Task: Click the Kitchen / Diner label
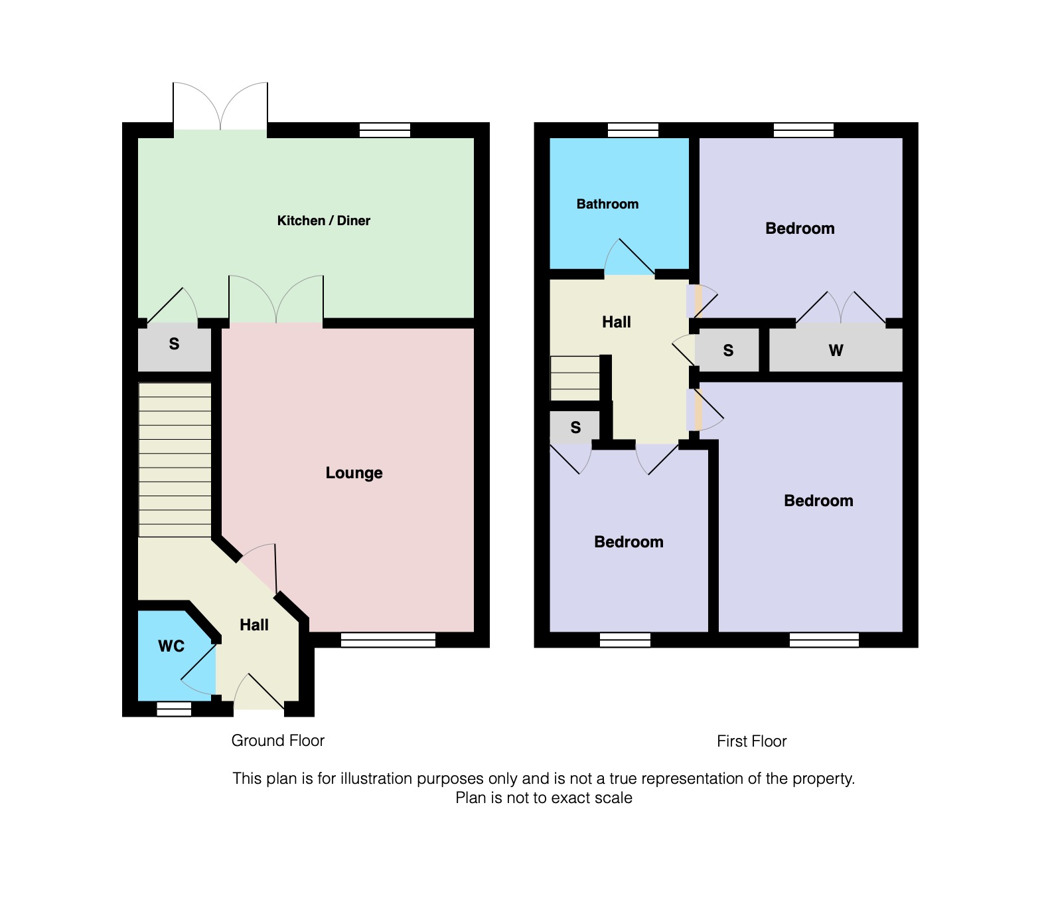pyautogui.click(x=323, y=221)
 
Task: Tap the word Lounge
pyautogui.click(x=354, y=473)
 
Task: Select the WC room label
pyautogui.click(x=171, y=646)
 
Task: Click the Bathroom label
pyautogui.click(x=607, y=204)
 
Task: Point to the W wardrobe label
pyautogui.click(x=836, y=350)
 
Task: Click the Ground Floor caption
pyautogui.click(x=277, y=741)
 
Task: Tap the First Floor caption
pyautogui.click(x=751, y=741)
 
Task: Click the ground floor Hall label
pyautogui.click(x=254, y=625)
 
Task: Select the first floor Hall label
pyautogui.click(x=617, y=322)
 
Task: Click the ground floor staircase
pyautogui.click(x=175, y=460)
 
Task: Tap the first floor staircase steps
pyautogui.click(x=575, y=379)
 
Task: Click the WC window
pyautogui.click(x=174, y=709)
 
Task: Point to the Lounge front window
pyautogui.click(x=388, y=640)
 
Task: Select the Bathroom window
pyautogui.click(x=633, y=130)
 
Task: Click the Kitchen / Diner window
pyautogui.click(x=385, y=130)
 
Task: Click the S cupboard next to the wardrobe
pyautogui.click(x=728, y=350)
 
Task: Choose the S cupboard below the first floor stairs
pyautogui.click(x=575, y=428)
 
